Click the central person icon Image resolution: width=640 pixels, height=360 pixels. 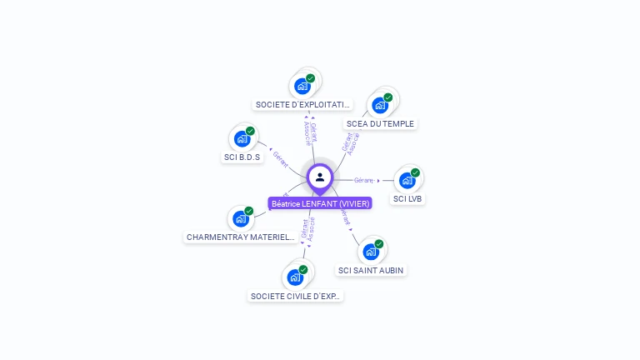(320, 177)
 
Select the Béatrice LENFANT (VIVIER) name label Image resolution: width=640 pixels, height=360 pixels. (320, 203)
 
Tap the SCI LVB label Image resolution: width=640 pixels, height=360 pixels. (407, 199)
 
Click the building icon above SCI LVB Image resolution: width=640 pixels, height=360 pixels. (407, 180)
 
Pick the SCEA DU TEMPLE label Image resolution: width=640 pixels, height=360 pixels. (380, 124)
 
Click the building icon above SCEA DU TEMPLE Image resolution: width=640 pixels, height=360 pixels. (380, 105)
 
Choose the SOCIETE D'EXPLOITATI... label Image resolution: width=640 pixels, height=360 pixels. (303, 105)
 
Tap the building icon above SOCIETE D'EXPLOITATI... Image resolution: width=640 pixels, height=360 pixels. (302, 86)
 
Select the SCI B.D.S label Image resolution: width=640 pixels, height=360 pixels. (242, 157)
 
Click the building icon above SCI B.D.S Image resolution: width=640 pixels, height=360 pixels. (242, 138)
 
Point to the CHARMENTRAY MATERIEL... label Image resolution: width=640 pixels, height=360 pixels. (240, 237)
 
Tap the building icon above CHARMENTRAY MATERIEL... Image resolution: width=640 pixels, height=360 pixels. (240, 218)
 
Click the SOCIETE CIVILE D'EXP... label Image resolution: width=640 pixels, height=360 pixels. (296, 296)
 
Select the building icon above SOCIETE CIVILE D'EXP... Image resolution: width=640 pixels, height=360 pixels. (295, 277)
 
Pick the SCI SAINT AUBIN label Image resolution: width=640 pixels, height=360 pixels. (372, 270)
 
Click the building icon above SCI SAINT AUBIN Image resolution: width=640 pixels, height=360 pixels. (371, 251)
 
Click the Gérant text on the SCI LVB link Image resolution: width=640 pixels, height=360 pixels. (363, 180)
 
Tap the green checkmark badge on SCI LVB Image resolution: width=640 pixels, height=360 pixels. (415, 172)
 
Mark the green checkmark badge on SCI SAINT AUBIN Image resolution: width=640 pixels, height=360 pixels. (379, 243)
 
